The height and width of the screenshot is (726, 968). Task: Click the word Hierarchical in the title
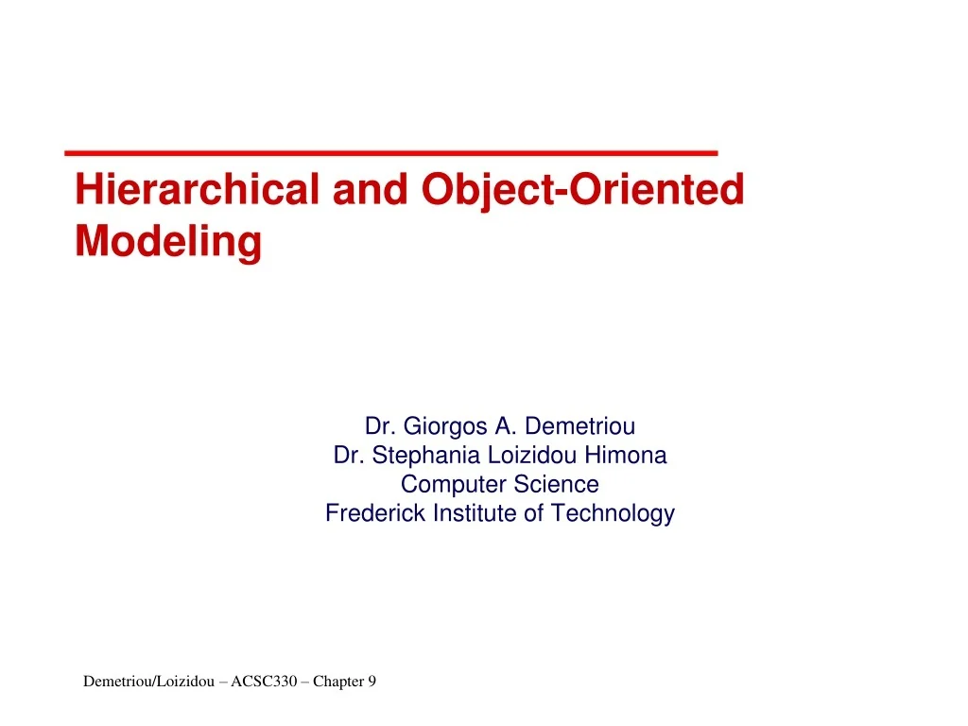pos(197,190)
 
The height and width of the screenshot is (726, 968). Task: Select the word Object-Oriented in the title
pos(583,190)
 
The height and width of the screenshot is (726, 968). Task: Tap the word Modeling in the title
pos(168,241)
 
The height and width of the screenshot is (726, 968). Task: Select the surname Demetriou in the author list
pos(579,426)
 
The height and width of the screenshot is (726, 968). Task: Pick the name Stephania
pos(426,456)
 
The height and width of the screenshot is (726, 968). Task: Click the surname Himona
pos(625,456)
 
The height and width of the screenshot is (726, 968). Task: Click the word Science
pos(555,485)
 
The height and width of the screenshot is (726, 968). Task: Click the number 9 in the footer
pos(372,682)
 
